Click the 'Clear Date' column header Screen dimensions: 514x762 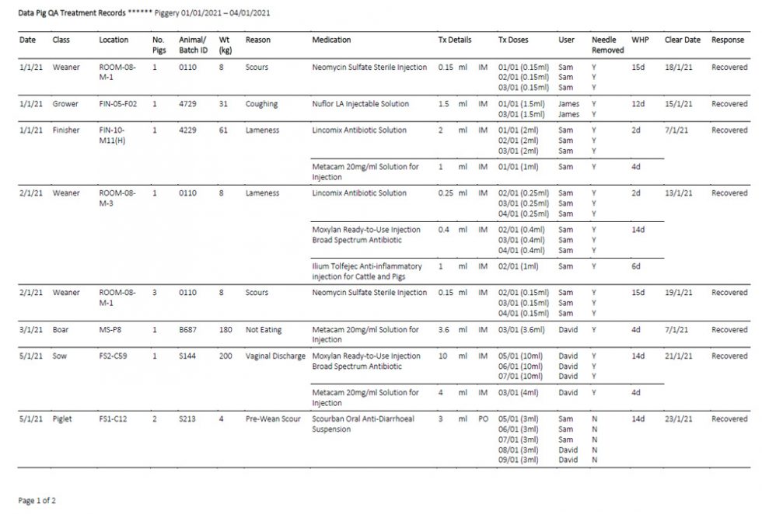pyautogui.click(x=682, y=40)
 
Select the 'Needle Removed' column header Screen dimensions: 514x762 pyautogui.click(x=607, y=44)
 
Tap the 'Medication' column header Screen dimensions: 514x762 pyautogui.click(x=331, y=40)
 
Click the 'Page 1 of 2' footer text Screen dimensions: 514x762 pyautogui.click(x=37, y=501)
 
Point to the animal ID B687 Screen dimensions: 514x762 pyautogui.click(x=187, y=330)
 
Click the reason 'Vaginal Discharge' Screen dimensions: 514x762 pyautogui.click(x=275, y=356)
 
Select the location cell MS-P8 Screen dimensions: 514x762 pyautogui.click(x=110, y=330)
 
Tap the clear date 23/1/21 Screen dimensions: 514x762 pyautogui.click(x=676, y=419)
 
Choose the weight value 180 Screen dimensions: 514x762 pyautogui.click(x=225, y=330)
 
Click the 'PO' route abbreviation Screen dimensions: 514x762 pyautogui.click(x=483, y=419)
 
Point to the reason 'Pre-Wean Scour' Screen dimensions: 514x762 pyautogui.click(x=273, y=419)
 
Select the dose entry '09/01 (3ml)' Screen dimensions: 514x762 pyautogui.click(x=518, y=460)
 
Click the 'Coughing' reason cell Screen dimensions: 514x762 pyautogui.click(x=261, y=104)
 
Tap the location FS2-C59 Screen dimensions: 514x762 pyautogui.click(x=115, y=356)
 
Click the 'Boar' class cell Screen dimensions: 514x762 pyautogui.click(x=61, y=330)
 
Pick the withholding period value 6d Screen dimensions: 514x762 pyautogui.click(x=636, y=266)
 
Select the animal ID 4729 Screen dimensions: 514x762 pyautogui.click(x=187, y=104)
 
